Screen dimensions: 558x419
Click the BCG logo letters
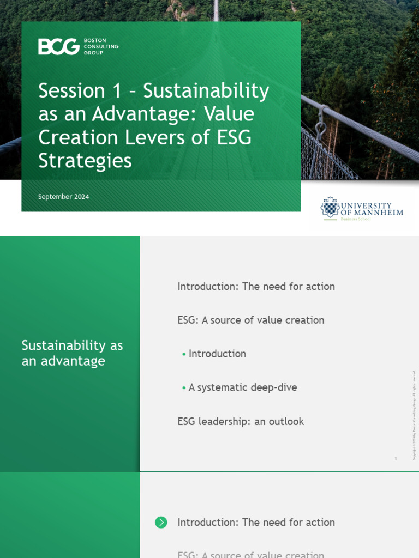point(59,46)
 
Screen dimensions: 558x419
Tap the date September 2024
point(63,197)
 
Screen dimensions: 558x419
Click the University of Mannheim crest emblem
point(330,207)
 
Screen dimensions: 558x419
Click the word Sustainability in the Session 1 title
point(206,91)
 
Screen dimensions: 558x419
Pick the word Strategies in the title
point(85,161)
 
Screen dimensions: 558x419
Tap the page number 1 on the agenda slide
point(396,459)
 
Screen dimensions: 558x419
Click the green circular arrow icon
point(161,522)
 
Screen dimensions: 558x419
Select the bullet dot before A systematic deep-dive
point(184,388)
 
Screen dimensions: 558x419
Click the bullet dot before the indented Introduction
point(184,354)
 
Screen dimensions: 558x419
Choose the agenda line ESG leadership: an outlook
point(241,421)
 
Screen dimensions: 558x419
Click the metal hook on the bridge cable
point(321,126)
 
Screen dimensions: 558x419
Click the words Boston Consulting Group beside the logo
point(101,46)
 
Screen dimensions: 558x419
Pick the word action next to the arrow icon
point(319,522)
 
